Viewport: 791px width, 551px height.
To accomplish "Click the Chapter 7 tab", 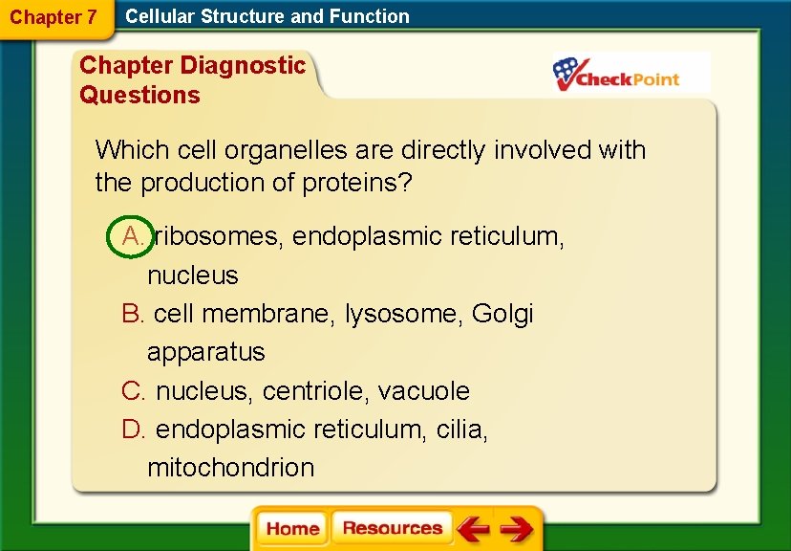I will pyautogui.click(x=53, y=17).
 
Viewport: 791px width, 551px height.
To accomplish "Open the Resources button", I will pyautogui.click(x=392, y=528).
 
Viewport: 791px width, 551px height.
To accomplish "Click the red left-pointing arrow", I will pyautogui.click(x=472, y=528).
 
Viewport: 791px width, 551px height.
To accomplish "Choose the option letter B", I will pyautogui.click(x=133, y=314).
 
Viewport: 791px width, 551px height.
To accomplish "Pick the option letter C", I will pyautogui.click(x=133, y=391).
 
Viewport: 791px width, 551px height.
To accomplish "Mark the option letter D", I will pyautogui.click(x=134, y=430).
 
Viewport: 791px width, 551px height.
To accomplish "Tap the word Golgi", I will pyautogui.click(x=502, y=314).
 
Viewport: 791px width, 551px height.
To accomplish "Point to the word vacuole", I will pyautogui.click(x=424, y=391).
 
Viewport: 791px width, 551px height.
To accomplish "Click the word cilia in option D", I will pyautogui.click(x=461, y=430).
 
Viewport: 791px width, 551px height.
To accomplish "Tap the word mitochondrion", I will pyautogui.click(x=230, y=468).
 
